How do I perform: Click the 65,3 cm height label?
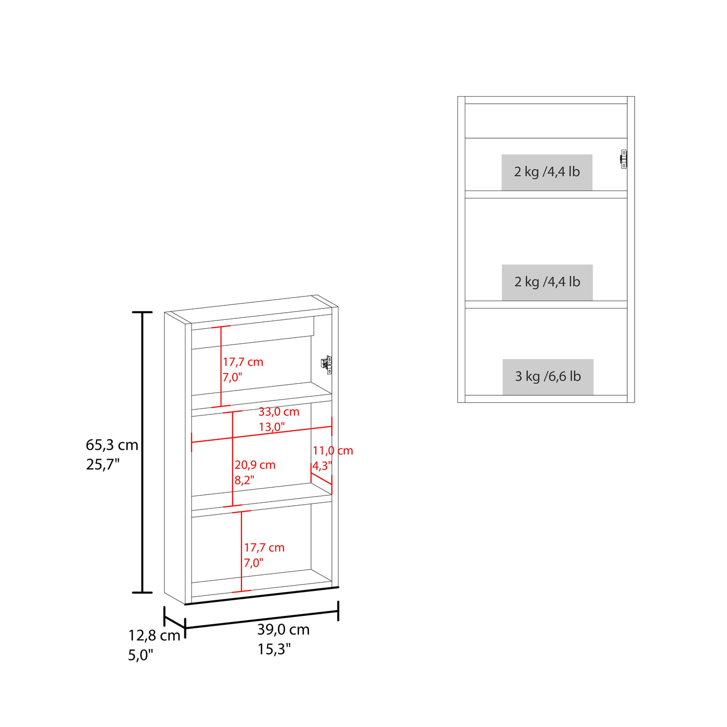click(112, 446)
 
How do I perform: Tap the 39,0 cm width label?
click(284, 630)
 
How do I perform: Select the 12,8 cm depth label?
click(154, 636)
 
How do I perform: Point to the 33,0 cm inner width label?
click(279, 412)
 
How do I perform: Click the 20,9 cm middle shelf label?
click(255, 465)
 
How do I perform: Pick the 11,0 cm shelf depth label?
click(333, 450)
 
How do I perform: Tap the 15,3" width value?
click(274, 649)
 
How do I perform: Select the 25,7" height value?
click(103, 465)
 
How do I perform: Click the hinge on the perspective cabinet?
click(326, 365)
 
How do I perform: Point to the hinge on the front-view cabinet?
click(623, 159)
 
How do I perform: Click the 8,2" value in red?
click(245, 480)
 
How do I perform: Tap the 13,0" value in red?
click(272, 427)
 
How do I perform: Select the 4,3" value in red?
click(322, 466)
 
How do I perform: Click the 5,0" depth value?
click(141, 655)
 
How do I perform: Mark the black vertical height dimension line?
click(142, 453)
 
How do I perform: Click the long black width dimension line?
click(262, 620)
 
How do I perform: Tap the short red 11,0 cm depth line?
click(321, 479)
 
